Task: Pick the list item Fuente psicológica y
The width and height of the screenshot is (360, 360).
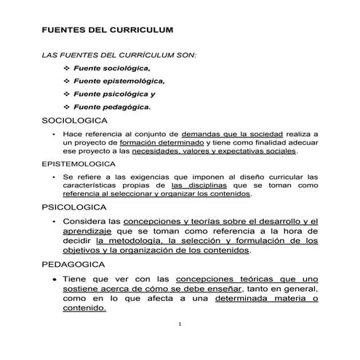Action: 119,94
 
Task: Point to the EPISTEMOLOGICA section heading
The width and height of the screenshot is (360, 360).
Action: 79,164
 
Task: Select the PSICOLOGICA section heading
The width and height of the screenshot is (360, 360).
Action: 73,207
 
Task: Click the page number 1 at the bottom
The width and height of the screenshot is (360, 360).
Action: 180,324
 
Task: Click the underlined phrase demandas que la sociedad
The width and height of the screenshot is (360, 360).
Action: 221,135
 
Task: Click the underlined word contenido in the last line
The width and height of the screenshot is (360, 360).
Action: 84,307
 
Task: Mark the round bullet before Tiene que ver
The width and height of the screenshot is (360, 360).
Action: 47,279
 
